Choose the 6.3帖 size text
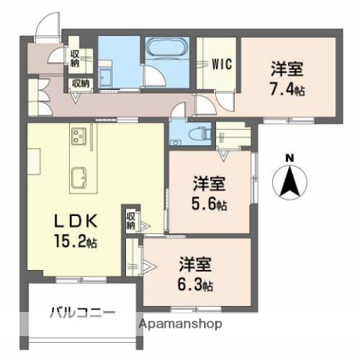pyautogui.click(x=196, y=285)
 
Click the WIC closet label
pyautogui.click(x=221, y=64)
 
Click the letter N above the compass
pyautogui.click(x=289, y=157)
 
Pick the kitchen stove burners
pyautogui.click(x=77, y=137)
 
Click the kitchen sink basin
pyautogui.click(x=78, y=176)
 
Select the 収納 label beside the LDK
pyautogui.click(x=130, y=219)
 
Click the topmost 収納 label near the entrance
pyautogui.click(x=76, y=56)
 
